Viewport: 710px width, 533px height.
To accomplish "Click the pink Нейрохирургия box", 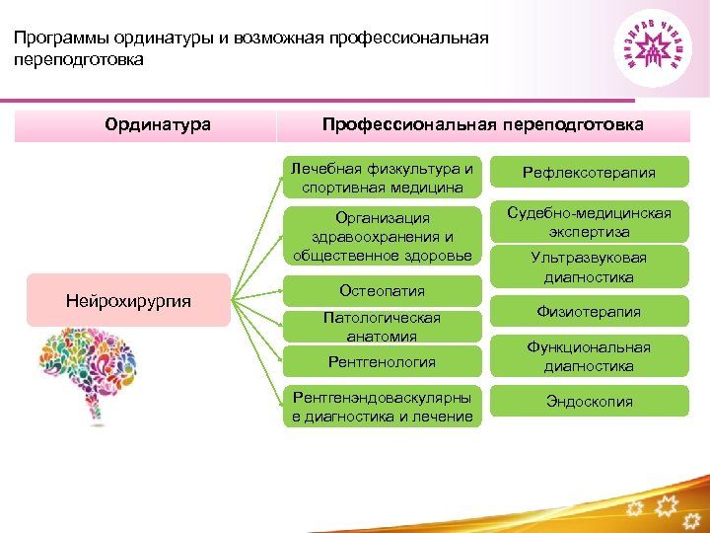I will click(x=127, y=300).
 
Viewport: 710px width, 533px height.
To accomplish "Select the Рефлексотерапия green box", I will click(x=589, y=173).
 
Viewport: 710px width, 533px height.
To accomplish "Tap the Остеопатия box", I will click(x=382, y=290).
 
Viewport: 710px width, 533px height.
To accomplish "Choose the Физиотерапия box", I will click(x=589, y=312).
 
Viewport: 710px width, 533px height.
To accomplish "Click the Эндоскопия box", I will click(x=589, y=402).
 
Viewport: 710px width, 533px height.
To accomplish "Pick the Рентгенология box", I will click(x=382, y=361).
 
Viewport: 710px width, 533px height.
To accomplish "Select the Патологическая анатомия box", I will click(x=382, y=327).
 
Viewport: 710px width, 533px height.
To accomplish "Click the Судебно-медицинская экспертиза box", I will click(x=589, y=222).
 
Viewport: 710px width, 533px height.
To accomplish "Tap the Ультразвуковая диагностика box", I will click(x=589, y=266).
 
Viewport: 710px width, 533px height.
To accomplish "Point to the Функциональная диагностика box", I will click(x=589, y=356).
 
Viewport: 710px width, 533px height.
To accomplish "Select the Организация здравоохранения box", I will click(x=382, y=236).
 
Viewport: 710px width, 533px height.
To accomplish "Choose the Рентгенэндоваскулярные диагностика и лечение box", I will click(x=382, y=407).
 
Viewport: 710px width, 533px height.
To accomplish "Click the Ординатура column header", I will click(x=158, y=124).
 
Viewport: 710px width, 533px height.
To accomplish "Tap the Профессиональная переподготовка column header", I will click(x=482, y=124).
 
